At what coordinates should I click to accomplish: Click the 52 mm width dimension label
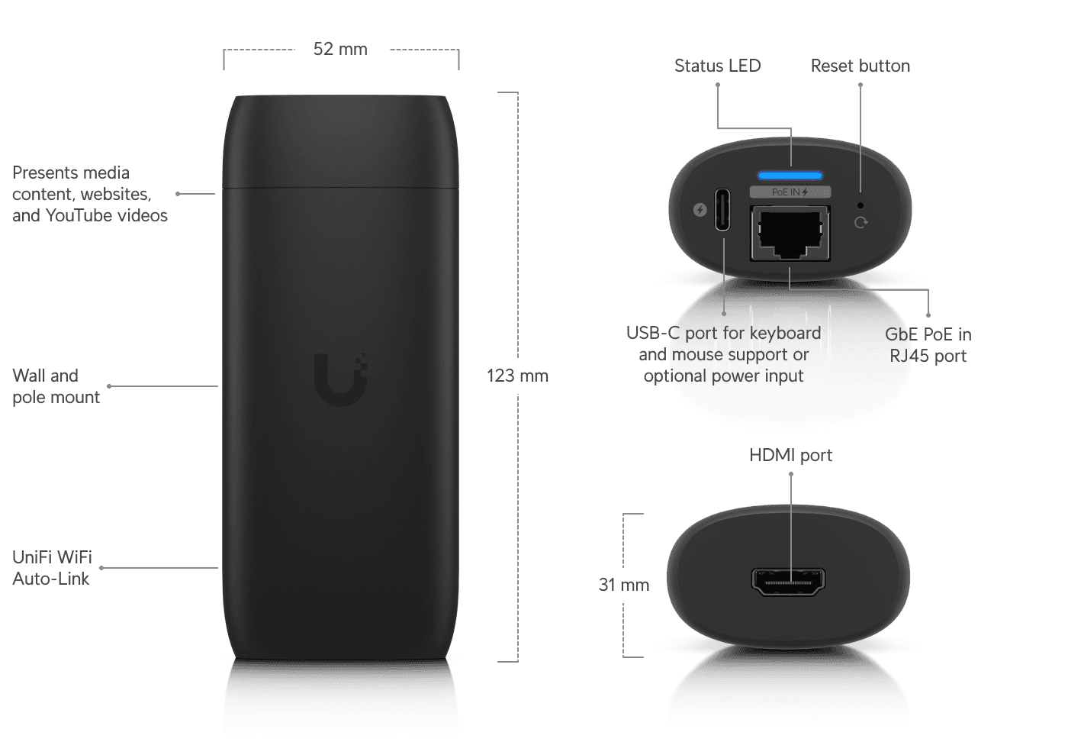pos(340,50)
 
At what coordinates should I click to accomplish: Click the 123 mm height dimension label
pos(517,376)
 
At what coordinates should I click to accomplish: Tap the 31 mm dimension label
pos(623,585)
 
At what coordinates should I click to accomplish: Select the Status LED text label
pos(717,66)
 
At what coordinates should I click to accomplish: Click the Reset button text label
pos(861,66)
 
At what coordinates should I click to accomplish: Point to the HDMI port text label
pos(790,456)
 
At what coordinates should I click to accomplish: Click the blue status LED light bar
pos(790,176)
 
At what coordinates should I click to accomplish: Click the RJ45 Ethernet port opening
pos(790,231)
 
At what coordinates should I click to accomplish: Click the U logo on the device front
pos(340,379)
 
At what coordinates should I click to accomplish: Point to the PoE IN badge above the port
pos(790,192)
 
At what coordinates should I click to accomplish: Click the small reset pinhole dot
pos(861,205)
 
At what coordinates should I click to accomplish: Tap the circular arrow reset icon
pos(861,222)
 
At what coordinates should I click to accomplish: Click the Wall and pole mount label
pos(56,386)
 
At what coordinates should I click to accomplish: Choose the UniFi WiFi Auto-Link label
pos(52,568)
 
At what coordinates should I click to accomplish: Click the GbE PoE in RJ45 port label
pos(928,345)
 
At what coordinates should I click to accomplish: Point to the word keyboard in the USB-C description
pos(786,334)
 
